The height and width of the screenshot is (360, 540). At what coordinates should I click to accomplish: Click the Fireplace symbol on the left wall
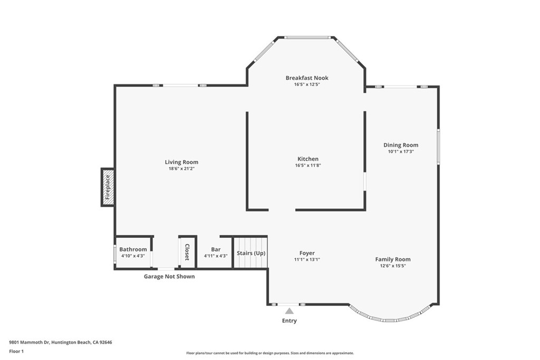(x=108, y=187)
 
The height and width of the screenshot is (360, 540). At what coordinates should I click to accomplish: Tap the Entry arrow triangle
(x=289, y=311)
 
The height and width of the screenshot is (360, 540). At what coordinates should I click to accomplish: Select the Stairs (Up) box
(x=250, y=252)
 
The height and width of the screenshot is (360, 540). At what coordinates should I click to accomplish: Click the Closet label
(x=187, y=252)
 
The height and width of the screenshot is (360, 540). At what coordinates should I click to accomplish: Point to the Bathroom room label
(x=133, y=249)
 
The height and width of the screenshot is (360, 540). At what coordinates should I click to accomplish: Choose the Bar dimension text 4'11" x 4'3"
(x=216, y=256)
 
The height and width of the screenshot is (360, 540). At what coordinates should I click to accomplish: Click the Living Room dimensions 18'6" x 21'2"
(x=181, y=169)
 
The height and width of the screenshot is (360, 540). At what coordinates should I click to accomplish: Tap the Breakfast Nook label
(x=307, y=78)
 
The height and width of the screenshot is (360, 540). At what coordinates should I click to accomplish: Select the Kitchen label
(x=308, y=159)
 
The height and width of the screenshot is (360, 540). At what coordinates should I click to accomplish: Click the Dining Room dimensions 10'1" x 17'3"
(x=401, y=152)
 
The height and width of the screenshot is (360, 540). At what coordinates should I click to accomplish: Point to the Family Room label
(x=393, y=259)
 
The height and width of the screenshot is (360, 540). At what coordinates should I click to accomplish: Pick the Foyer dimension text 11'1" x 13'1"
(x=307, y=259)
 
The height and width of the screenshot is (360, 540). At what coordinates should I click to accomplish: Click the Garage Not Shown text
(x=169, y=276)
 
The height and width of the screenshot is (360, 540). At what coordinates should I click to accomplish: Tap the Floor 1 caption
(x=16, y=351)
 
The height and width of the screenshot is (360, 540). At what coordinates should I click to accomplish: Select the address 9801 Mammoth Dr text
(x=61, y=342)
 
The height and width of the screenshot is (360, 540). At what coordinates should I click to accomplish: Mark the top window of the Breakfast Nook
(x=307, y=37)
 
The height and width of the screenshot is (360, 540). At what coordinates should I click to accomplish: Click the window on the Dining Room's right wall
(x=438, y=146)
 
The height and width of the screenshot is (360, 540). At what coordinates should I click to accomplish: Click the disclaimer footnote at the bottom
(x=269, y=353)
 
